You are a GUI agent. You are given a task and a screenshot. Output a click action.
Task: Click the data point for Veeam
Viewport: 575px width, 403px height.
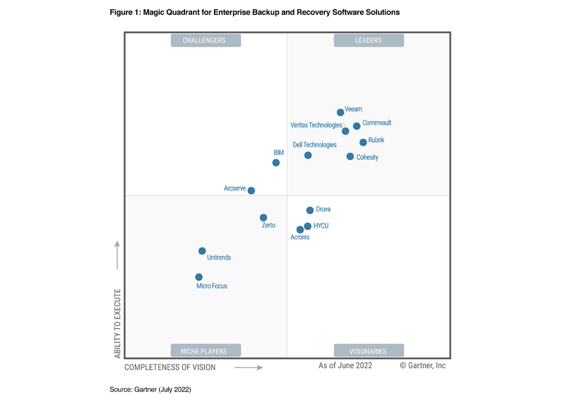tap(340, 112)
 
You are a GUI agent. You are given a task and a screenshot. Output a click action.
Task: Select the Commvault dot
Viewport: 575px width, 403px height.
tap(356, 126)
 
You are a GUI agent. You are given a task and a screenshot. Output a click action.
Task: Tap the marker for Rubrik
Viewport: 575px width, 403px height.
tap(363, 142)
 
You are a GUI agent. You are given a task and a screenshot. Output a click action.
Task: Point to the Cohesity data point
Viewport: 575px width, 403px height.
tap(350, 157)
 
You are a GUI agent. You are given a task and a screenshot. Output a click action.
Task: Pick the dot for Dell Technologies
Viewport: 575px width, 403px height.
tap(308, 155)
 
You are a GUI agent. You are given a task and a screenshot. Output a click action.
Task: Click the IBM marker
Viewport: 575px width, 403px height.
tap(276, 163)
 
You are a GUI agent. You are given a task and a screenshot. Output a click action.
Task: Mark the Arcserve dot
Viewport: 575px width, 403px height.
tap(251, 191)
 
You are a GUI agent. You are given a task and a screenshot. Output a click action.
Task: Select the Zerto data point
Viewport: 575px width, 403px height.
tap(263, 218)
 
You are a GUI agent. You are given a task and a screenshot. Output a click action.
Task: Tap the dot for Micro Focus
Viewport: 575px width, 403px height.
tap(199, 277)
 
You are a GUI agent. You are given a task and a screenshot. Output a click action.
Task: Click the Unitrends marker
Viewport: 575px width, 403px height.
tap(202, 251)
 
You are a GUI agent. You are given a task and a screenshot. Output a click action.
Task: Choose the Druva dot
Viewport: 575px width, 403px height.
tap(310, 211)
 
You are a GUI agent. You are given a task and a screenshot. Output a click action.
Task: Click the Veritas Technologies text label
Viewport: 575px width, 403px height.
tap(316, 125)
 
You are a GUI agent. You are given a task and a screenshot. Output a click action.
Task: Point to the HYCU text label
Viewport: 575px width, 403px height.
tap(321, 226)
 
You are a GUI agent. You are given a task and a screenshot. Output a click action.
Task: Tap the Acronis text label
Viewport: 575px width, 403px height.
tap(300, 237)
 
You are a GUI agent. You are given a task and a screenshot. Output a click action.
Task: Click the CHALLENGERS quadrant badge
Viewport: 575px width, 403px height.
tap(206, 40)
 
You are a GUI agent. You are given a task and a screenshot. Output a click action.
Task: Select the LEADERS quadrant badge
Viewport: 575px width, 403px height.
tap(369, 40)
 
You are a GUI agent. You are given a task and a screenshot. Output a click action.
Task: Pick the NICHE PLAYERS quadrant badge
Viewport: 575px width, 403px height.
tap(206, 351)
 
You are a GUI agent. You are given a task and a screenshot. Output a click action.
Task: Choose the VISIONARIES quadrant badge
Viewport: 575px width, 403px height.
tap(369, 351)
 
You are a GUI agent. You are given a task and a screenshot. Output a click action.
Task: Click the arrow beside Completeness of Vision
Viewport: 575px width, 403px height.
tap(248, 367)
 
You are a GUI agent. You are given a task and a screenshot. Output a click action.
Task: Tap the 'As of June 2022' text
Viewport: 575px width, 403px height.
tap(345, 366)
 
